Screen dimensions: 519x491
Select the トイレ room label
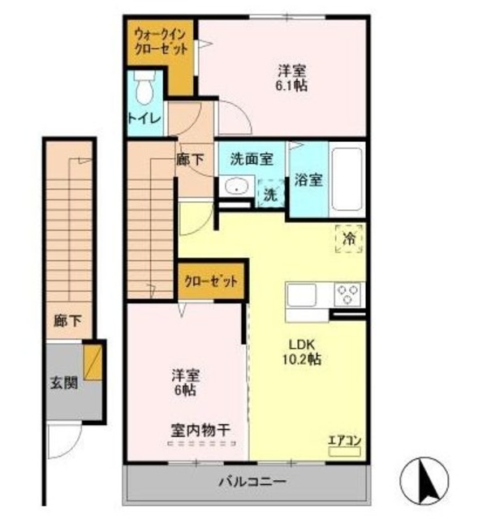click(x=144, y=118)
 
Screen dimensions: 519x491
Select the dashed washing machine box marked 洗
click(x=269, y=195)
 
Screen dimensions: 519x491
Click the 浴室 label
click(x=308, y=179)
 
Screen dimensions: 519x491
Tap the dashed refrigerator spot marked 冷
click(x=349, y=238)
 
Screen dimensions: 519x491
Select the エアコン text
click(x=344, y=440)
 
